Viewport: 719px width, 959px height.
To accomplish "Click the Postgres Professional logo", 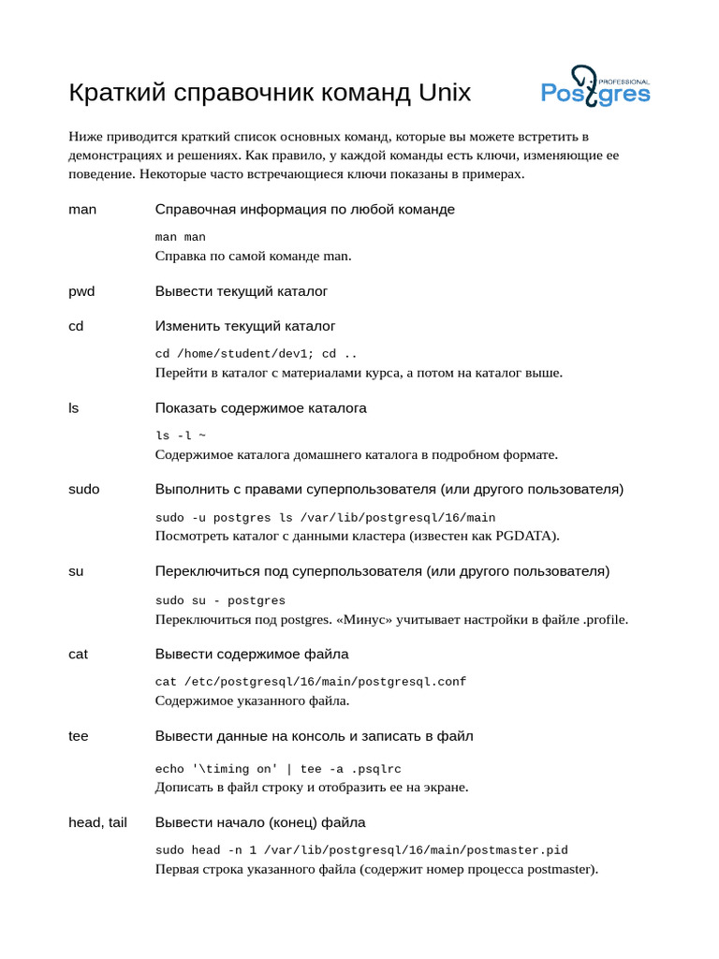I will pos(595,87).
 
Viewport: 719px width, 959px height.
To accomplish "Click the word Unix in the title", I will pos(445,93).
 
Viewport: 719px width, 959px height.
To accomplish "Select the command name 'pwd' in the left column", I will pos(81,291).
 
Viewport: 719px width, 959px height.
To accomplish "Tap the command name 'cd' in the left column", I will pos(76,326).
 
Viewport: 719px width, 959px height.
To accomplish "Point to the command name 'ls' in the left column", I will pos(73,408).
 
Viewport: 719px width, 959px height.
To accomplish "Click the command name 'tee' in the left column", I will pos(79,736).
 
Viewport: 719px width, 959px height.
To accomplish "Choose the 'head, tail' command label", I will pos(97,822).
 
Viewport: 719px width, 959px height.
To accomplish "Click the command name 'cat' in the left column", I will pos(78,654).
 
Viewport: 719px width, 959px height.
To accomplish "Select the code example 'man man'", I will pos(180,237).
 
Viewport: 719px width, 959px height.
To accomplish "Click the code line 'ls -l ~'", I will pos(180,436).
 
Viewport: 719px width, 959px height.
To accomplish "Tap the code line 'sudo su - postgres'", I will pos(220,600).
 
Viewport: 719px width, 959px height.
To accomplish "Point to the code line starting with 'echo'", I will pos(278,769).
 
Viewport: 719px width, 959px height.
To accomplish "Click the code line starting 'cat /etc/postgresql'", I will pos(310,682).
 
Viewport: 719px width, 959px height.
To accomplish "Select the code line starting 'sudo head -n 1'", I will pos(361,850).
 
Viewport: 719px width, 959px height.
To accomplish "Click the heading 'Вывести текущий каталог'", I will pos(241,291).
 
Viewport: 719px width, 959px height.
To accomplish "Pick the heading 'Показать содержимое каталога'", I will pos(260,408).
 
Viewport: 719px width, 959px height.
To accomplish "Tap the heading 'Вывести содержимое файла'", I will pos(251,654).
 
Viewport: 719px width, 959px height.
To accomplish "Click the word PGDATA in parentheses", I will pos(526,536).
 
